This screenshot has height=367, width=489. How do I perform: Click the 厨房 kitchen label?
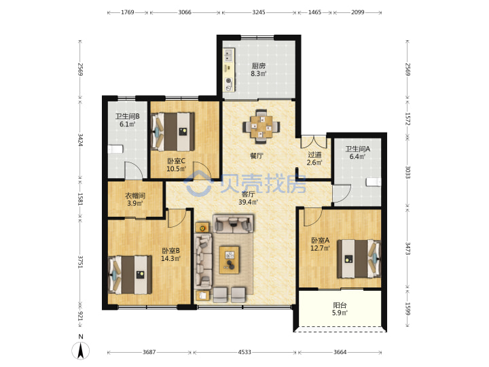259,66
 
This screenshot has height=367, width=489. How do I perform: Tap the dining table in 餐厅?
261,126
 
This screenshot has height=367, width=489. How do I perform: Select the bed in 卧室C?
173,132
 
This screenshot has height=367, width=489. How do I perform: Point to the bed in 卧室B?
130,275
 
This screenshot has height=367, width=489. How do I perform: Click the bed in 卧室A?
359,259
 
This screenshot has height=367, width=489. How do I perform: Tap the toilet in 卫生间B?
115,149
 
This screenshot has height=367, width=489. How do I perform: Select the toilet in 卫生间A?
374,181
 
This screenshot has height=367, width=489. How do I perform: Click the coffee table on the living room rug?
230,260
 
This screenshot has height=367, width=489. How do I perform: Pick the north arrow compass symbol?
81,350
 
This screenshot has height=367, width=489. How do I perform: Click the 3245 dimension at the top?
259,12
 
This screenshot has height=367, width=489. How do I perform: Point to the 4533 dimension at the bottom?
244,352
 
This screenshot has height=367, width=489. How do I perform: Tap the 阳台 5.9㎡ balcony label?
340,309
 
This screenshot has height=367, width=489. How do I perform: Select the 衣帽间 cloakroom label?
135,196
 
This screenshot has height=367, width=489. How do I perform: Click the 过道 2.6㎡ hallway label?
314,158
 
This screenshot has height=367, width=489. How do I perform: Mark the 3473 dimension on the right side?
407,249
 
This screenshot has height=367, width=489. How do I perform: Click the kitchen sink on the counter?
229,55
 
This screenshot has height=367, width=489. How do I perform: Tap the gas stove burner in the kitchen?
230,81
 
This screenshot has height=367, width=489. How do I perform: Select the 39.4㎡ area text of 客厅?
249,202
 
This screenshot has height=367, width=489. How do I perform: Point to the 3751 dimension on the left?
80,262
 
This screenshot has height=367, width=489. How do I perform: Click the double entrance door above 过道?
313,141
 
